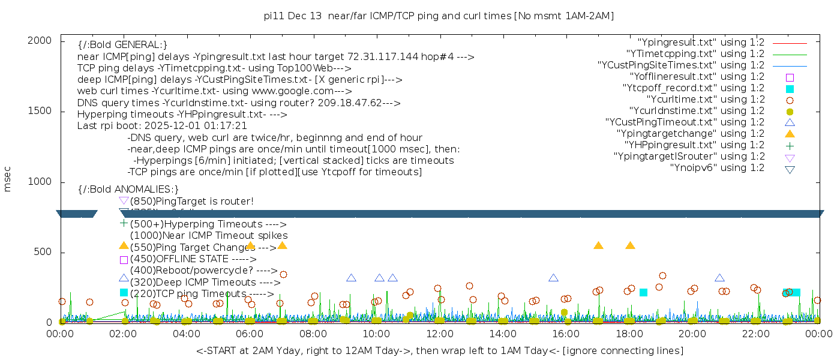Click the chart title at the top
439,16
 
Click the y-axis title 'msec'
8,179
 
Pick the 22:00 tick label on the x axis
755,334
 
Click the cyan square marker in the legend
790,89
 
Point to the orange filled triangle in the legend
790,134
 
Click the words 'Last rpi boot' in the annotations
106,126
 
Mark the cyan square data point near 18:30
643,292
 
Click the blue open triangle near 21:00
719,278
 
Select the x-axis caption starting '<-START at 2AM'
439,350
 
